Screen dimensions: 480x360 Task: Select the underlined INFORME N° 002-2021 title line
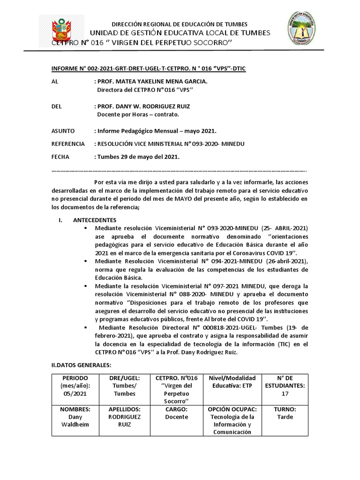(148, 69)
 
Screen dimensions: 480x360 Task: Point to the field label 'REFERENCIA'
(68, 143)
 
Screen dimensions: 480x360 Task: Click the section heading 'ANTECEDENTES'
(95, 220)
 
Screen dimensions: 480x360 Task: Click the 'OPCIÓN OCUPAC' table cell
(232, 420)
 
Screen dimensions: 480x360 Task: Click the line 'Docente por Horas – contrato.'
(138, 114)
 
